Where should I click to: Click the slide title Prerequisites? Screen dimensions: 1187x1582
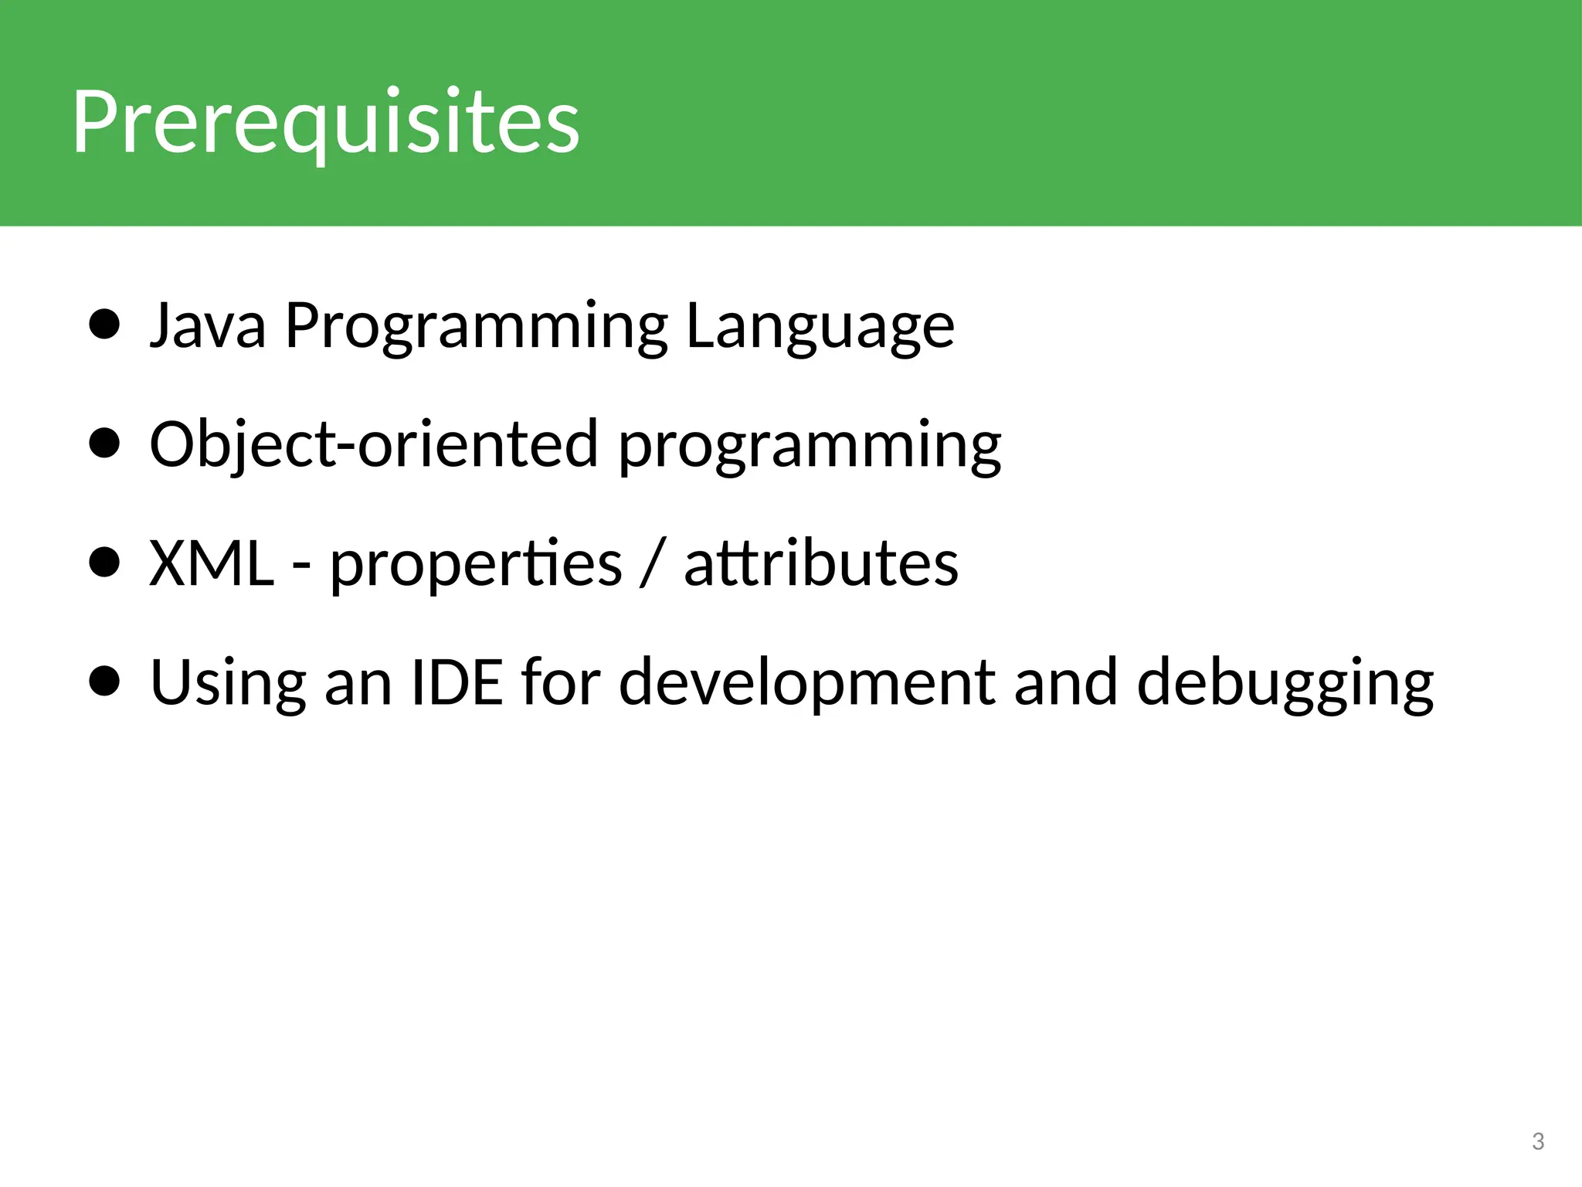click(325, 122)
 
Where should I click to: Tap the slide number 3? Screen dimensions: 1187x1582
click(1537, 1141)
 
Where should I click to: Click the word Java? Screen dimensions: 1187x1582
click(208, 325)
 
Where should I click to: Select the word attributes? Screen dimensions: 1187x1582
click(821, 563)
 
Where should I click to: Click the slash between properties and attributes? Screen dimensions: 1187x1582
click(652, 564)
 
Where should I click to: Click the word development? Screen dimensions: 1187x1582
click(807, 683)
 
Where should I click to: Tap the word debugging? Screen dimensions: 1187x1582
click(1285, 683)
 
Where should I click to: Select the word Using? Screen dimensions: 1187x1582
click(228, 683)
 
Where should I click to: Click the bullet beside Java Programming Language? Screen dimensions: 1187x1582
click(104, 325)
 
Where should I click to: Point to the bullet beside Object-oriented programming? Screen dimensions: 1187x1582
click(104, 444)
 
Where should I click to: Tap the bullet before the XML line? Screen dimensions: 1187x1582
click(104, 563)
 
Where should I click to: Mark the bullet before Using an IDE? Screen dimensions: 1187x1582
click(104, 682)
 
